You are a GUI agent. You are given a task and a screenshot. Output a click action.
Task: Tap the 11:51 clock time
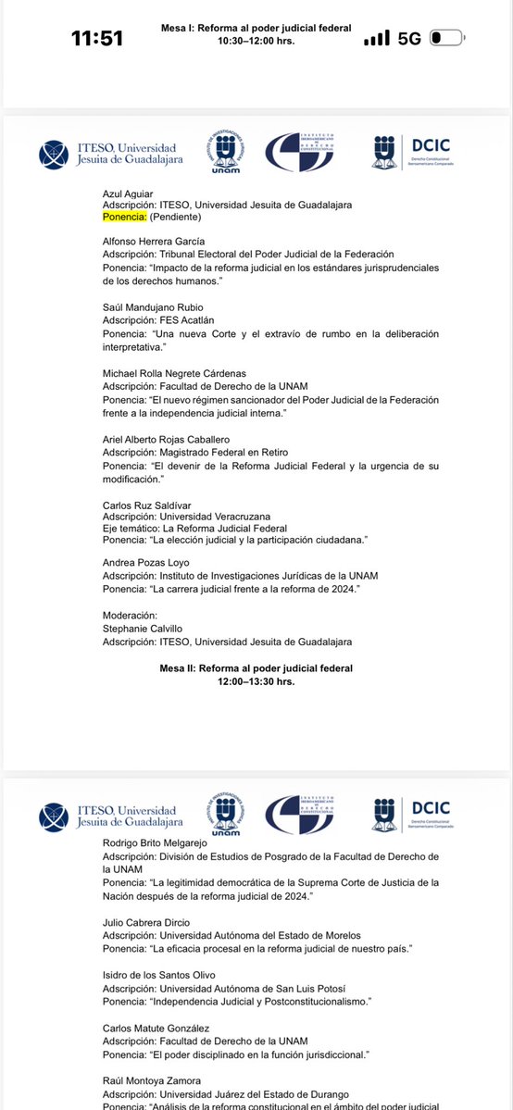click(x=97, y=39)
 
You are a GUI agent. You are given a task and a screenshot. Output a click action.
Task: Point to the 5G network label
click(x=409, y=39)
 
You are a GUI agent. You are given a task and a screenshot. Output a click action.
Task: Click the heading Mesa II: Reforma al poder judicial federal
click(x=256, y=667)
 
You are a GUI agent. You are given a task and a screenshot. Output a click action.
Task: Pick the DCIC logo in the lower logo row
click(x=416, y=814)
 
